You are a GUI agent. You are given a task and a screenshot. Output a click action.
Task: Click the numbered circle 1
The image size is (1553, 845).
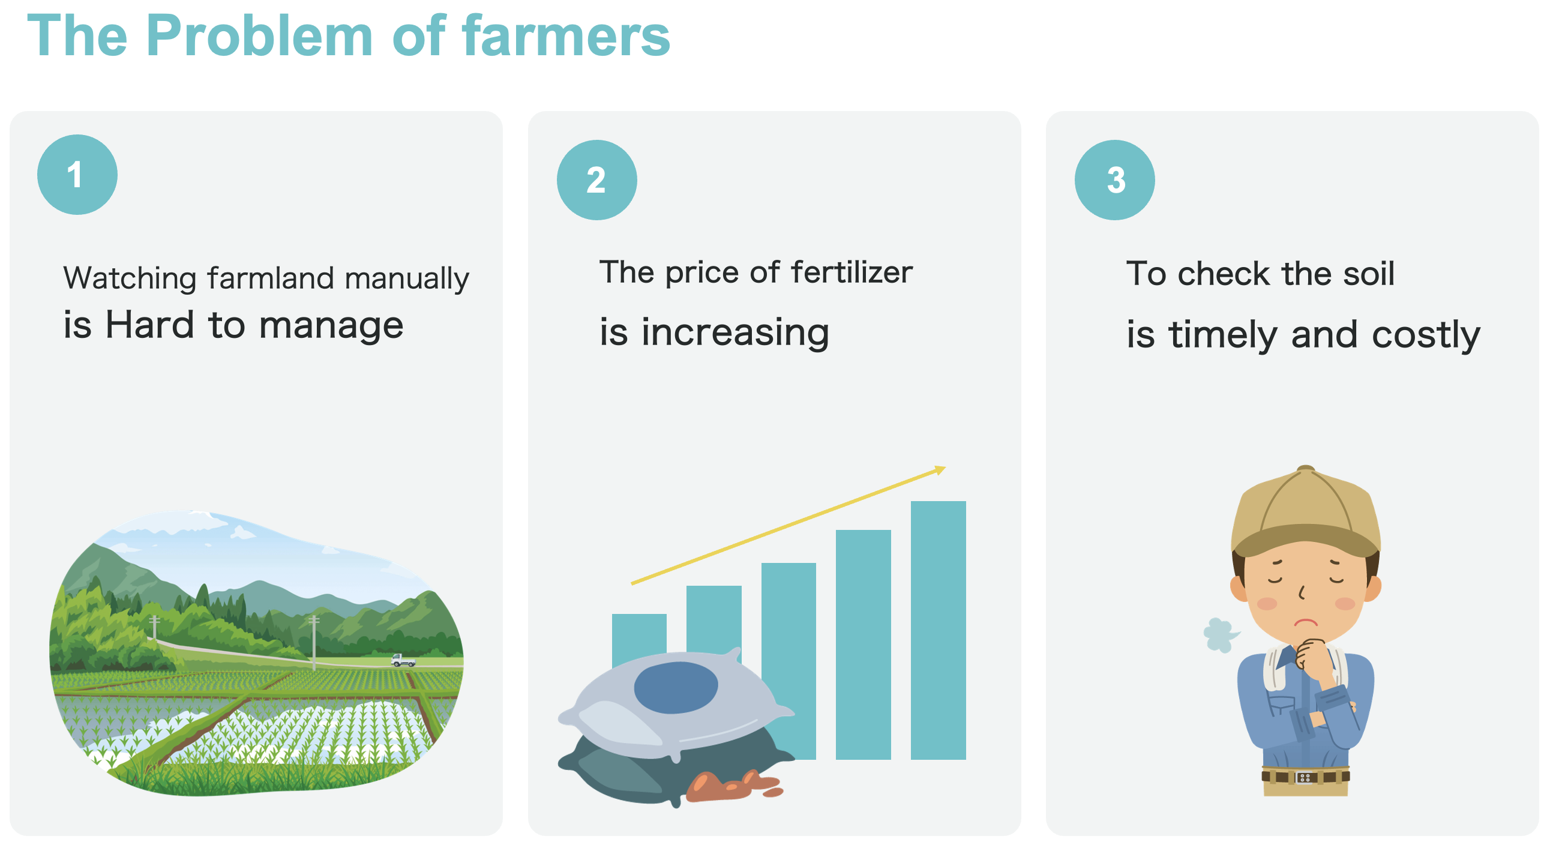tap(77, 174)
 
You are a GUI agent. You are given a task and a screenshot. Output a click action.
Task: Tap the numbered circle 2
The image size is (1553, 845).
tap(596, 179)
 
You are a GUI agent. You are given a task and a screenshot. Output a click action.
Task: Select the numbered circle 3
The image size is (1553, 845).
tap(1114, 179)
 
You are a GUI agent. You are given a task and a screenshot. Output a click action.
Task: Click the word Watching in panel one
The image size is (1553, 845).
tap(130, 278)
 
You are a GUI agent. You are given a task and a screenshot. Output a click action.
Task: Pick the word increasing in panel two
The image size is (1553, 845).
tap(735, 332)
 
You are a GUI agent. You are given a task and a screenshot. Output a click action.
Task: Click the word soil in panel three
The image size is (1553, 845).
tap(1369, 273)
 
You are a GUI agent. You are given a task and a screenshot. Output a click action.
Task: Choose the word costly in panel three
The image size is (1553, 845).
tap(1426, 335)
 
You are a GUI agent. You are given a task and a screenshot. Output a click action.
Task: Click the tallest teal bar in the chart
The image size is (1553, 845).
tap(938, 630)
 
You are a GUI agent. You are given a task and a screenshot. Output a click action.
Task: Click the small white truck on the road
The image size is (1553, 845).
tap(403, 660)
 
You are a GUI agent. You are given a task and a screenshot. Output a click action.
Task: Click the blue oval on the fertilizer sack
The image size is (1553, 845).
tap(676, 687)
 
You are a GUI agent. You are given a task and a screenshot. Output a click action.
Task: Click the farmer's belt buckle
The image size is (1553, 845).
tap(1305, 777)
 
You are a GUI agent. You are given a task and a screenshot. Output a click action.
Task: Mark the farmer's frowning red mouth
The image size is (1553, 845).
tap(1306, 622)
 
